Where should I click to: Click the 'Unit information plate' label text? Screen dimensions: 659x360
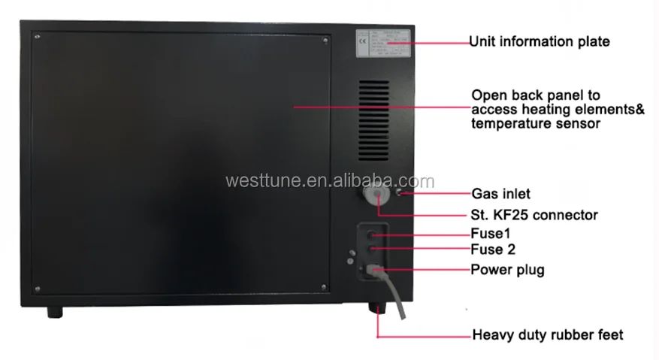coord(539,42)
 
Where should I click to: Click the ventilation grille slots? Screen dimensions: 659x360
coord(376,106)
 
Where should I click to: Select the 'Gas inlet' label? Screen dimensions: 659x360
coord(500,194)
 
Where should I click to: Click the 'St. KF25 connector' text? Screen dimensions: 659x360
coord(534,215)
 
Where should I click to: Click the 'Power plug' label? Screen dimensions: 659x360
coord(507,269)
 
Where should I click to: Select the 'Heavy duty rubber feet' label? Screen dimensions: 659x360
coord(547,334)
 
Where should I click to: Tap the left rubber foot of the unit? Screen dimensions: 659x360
coord(55,310)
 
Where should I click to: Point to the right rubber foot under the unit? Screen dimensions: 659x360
coord(376,308)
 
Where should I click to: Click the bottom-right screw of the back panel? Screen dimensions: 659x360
coord(324,285)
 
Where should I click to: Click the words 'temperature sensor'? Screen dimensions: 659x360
coord(535,124)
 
